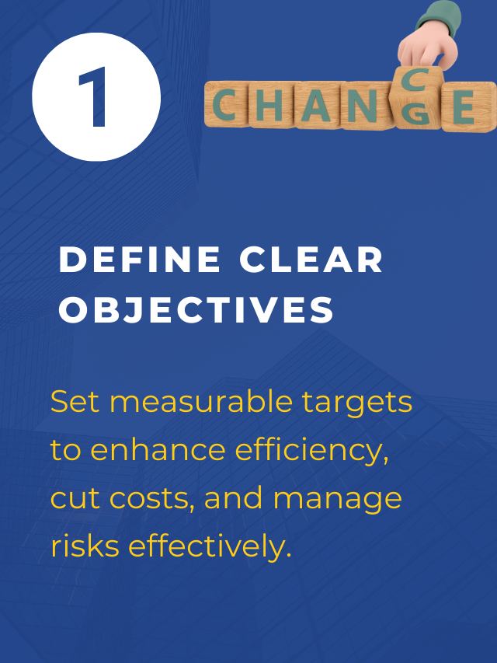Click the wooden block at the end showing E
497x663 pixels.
pyautogui.click(x=464, y=106)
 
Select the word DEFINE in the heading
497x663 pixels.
pyautogui.click(x=140, y=260)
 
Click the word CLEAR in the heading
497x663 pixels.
pyautogui.click(x=311, y=260)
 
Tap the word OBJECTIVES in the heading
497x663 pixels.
pyautogui.click(x=196, y=310)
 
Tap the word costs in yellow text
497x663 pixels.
pyautogui.click(x=155, y=498)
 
